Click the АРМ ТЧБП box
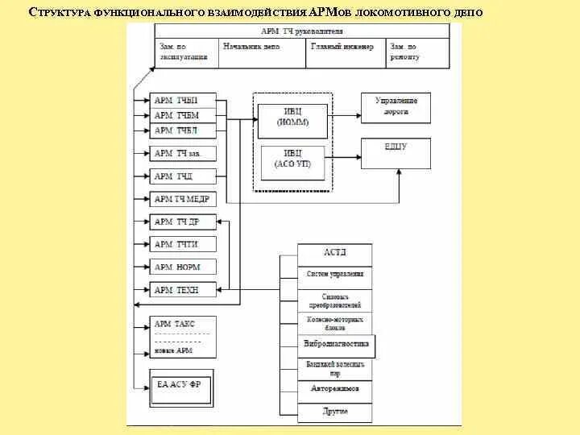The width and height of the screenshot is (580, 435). click(184, 100)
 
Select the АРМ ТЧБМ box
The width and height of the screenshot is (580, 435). click(184, 115)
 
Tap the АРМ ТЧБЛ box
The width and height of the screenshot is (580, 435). click(184, 130)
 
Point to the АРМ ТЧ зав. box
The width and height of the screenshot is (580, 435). click(184, 153)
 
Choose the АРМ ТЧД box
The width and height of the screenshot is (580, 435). click(184, 176)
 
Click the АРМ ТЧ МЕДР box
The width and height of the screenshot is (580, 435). click(184, 198)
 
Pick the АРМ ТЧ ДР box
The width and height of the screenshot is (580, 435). click(184, 222)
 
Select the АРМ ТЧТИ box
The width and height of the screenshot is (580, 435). click(184, 244)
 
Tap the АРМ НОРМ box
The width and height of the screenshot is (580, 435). click(184, 267)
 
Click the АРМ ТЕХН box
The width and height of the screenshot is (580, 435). click(184, 289)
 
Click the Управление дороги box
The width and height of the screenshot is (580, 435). click(396, 108)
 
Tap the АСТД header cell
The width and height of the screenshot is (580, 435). click(335, 253)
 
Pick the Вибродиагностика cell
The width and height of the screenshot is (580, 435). click(337, 345)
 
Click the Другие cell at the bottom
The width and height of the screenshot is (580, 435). click(335, 412)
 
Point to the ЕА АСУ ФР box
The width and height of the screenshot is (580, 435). click(183, 385)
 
